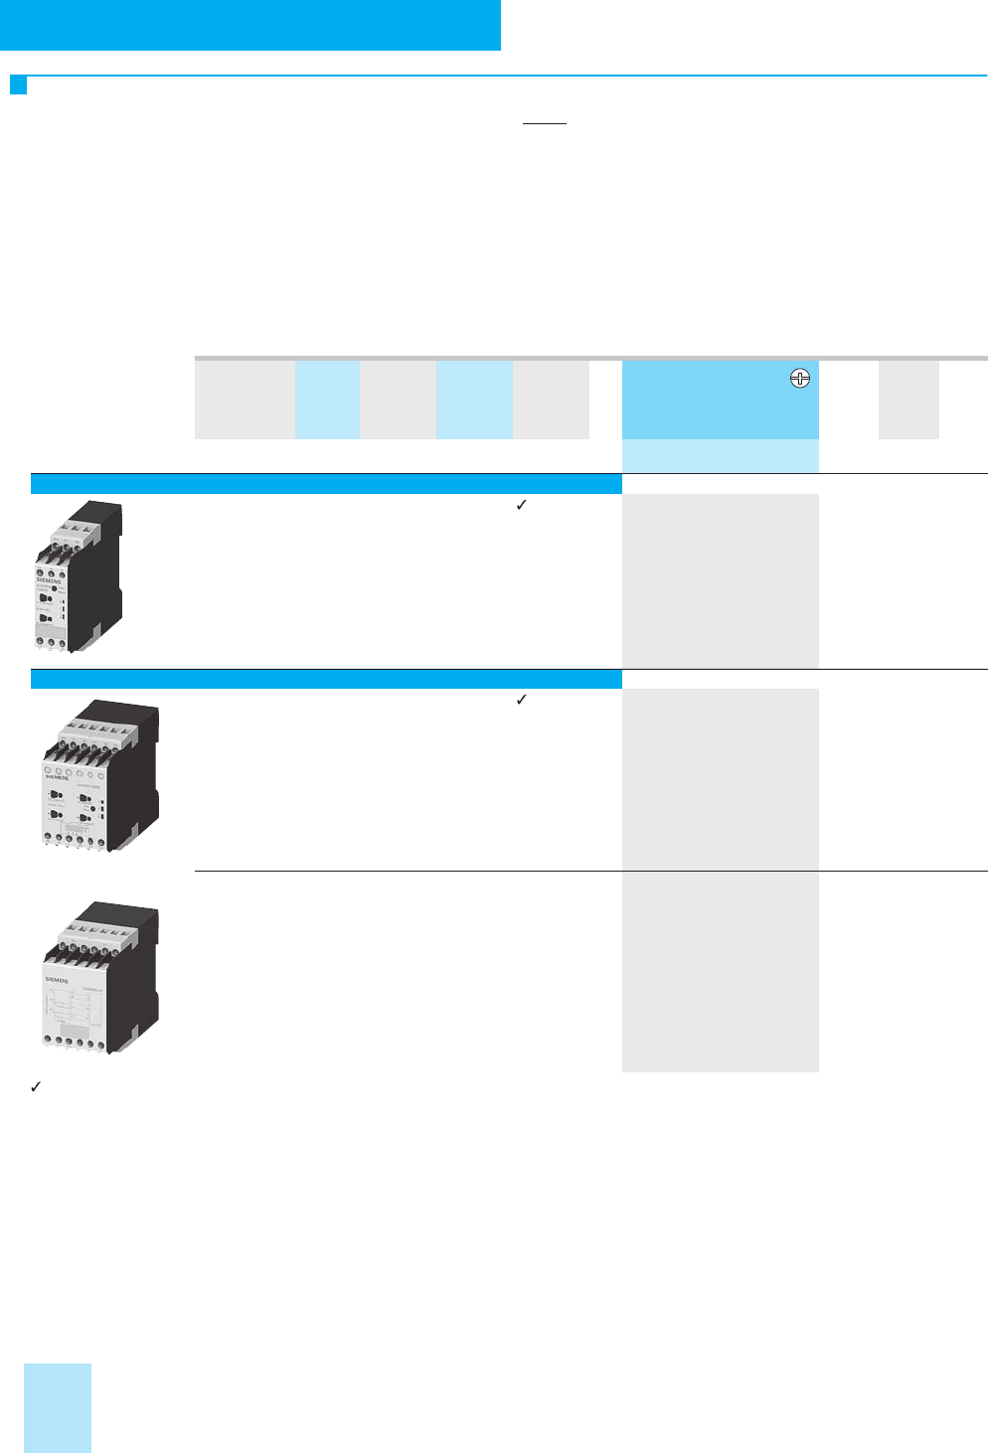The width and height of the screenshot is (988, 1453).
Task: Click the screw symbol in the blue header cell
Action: (x=800, y=378)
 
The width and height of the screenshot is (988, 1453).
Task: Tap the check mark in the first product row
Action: (x=521, y=505)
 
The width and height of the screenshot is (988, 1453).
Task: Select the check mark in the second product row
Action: (x=521, y=700)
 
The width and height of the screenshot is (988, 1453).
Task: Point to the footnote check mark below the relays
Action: (x=35, y=1087)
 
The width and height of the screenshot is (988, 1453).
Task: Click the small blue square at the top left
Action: (x=18, y=85)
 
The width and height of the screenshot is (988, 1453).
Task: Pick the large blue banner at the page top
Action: (x=249, y=25)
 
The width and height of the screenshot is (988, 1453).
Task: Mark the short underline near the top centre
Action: (x=544, y=124)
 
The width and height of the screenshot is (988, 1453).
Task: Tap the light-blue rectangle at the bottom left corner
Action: (x=58, y=1407)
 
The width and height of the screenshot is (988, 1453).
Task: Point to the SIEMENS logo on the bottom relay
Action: (x=57, y=980)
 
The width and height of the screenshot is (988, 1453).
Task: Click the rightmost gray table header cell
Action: (x=908, y=400)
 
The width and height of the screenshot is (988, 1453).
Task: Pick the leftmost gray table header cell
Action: (x=245, y=400)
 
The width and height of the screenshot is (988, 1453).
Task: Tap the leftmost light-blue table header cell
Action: (x=327, y=400)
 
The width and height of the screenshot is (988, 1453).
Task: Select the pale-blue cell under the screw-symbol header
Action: (x=720, y=456)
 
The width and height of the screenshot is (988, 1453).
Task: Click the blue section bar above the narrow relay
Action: (x=326, y=484)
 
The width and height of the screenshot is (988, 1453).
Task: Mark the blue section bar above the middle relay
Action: (x=326, y=679)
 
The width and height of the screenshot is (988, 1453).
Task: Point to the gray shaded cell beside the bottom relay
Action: (x=720, y=971)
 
